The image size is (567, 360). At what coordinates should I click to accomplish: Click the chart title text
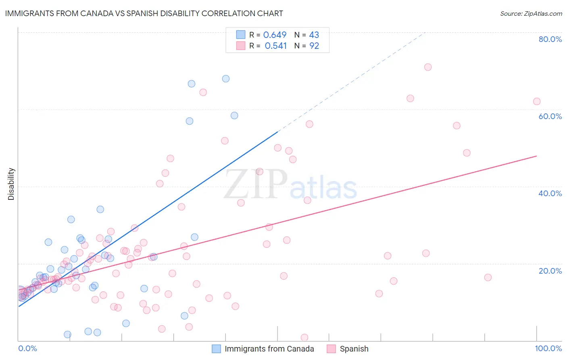coord(144,13)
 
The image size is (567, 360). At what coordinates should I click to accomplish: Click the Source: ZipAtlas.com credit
coord(531,13)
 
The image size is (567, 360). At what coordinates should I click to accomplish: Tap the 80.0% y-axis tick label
coord(550,39)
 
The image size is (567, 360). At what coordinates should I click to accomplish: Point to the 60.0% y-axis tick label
coord(550,116)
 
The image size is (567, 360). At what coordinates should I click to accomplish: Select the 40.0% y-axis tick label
coord(550,193)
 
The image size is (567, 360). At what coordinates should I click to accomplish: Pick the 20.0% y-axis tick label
coord(550,271)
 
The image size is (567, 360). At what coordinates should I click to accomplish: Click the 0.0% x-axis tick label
coord(27,348)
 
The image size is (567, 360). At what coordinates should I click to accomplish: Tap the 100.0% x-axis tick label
coord(548,348)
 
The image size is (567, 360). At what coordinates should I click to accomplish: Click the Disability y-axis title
coord(11,184)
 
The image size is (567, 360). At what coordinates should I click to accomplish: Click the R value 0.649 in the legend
coord(275,35)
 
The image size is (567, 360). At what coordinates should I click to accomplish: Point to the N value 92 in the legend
coord(314,46)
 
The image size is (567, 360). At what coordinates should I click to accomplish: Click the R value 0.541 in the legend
coord(275,46)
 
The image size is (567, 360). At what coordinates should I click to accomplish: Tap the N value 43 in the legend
coord(314,35)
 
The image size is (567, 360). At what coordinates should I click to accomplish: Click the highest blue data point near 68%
coord(226,79)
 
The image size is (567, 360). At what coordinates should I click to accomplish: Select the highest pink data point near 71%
coord(428,67)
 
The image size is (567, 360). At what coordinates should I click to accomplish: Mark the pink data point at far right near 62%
coord(537,101)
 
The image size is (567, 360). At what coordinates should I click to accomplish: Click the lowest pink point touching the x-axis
coord(304,337)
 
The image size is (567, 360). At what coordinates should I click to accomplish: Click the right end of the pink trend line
coord(536,156)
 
